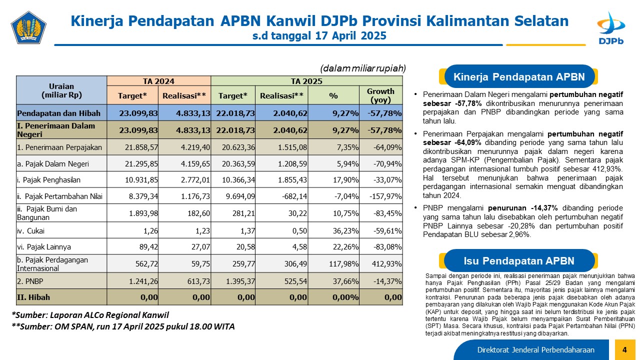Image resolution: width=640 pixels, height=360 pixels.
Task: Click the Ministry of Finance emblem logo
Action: pyautogui.click(x=28, y=27)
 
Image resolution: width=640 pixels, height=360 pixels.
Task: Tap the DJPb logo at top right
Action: pyautogui.click(x=611, y=28)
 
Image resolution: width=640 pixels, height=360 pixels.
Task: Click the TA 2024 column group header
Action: pyautogui.click(x=158, y=81)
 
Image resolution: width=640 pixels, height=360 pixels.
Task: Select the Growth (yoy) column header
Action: pyautogui.click(x=380, y=95)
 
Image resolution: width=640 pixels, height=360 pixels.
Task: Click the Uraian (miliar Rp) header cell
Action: pyautogui.click(x=61, y=90)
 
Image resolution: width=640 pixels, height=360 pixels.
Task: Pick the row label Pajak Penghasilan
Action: pyautogui.click(x=49, y=180)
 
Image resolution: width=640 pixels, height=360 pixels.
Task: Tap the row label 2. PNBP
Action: pyautogui.click(x=30, y=281)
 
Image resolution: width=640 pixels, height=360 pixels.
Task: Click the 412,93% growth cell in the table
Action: pyautogui.click(x=386, y=263)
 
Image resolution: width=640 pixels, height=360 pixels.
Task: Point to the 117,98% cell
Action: pyautogui.click(x=343, y=263)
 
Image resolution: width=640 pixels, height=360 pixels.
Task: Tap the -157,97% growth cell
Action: pyautogui.click(x=385, y=196)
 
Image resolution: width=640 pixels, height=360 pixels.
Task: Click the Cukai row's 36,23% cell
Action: pyautogui.click(x=345, y=230)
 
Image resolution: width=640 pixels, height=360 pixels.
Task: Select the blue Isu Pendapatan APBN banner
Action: pyautogui.click(x=519, y=260)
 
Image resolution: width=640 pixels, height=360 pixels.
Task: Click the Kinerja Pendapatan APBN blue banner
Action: pyautogui.click(x=519, y=76)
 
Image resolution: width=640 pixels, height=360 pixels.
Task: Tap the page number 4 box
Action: pyautogui.click(x=624, y=349)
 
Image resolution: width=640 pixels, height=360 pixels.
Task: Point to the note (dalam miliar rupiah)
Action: pyautogui.click(x=363, y=68)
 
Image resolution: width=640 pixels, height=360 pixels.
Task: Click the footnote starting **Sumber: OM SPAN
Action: pyautogui.click(x=123, y=326)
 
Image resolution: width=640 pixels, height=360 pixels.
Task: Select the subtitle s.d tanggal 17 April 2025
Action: pyautogui.click(x=319, y=35)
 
